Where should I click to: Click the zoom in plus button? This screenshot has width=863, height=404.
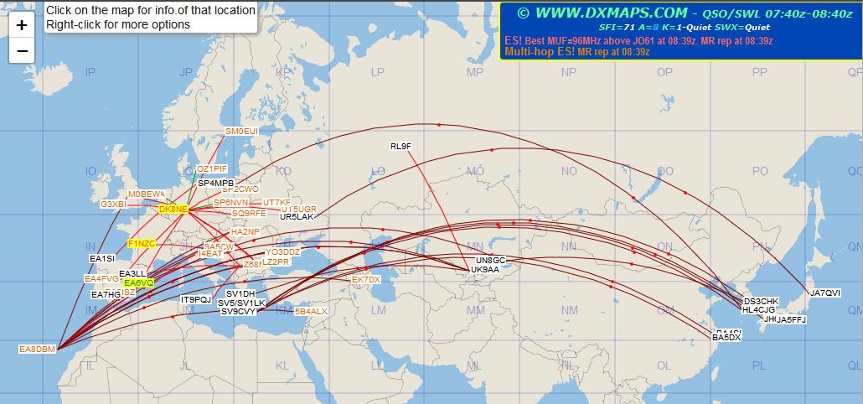pyautogui.click(x=22, y=25)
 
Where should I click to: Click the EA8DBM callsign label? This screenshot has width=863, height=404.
pyautogui.click(x=38, y=349)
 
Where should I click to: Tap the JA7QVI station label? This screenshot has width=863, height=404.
pyautogui.click(x=824, y=293)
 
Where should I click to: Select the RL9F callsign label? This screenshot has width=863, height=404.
pyautogui.click(x=401, y=147)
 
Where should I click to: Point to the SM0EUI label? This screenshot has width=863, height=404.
pyautogui.click(x=242, y=132)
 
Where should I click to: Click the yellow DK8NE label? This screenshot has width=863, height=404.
pyautogui.click(x=173, y=209)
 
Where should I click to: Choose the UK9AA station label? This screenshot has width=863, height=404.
pyautogui.click(x=485, y=269)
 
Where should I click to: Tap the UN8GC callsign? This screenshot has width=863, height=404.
pyautogui.click(x=491, y=260)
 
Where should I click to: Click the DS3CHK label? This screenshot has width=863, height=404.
pyautogui.click(x=761, y=301)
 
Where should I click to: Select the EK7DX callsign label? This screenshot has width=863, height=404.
pyautogui.click(x=366, y=279)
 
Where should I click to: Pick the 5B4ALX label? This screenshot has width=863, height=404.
pyautogui.click(x=312, y=311)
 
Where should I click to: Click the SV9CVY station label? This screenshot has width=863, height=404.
pyautogui.click(x=239, y=312)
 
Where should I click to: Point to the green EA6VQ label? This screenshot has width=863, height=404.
pyautogui.click(x=138, y=283)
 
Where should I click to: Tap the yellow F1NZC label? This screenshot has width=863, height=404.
pyautogui.click(x=142, y=243)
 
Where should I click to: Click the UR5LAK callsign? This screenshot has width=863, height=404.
pyautogui.click(x=297, y=216)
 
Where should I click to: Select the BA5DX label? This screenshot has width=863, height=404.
pyautogui.click(x=726, y=337)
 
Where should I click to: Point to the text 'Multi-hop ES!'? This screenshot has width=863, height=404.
pyautogui.click(x=539, y=51)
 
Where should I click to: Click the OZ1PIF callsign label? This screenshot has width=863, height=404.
pyautogui.click(x=212, y=168)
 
